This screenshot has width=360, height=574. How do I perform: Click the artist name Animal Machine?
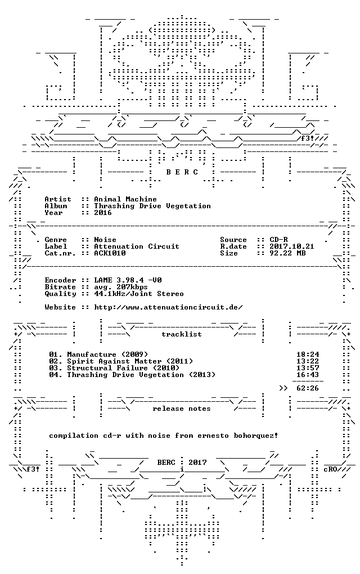[x=125, y=199]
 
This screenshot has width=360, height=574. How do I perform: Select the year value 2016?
[x=103, y=213]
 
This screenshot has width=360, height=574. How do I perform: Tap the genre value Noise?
[x=105, y=240]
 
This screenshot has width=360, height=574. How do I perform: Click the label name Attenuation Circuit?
[x=137, y=246]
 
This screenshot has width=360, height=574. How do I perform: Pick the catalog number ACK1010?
[x=110, y=253]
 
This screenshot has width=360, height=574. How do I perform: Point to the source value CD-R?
[x=278, y=240]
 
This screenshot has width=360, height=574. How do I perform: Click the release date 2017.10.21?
[x=292, y=246]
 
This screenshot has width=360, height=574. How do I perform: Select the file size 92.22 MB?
[x=287, y=253]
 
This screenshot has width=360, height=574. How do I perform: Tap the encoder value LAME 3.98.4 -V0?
[x=128, y=280]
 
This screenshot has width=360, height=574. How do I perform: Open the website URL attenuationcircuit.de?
[x=168, y=307]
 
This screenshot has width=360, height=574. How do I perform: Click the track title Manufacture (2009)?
[x=107, y=355]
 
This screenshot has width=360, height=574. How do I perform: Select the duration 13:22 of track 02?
[x=308, y=361]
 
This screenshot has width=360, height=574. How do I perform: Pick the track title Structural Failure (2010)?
[x=123, y=368]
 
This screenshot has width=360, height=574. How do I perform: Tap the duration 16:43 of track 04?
[x=308, y=374]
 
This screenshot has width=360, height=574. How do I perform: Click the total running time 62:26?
[x=308, y=388]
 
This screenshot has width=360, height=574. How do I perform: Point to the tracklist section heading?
[x=182, y=334]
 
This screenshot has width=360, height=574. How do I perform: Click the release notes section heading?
[x=182, y=409]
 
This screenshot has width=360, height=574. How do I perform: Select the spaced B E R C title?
[x=182, y=172]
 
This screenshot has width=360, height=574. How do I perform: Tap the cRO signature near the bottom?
[x=330, y=469]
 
